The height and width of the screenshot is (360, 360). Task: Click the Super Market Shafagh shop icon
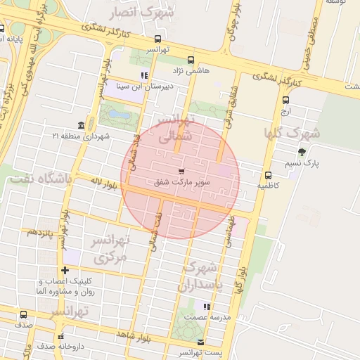tap(181, 172)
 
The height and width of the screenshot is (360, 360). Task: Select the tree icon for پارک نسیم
tap(302, 152)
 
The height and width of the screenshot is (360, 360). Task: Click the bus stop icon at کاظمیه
tap(268, 176)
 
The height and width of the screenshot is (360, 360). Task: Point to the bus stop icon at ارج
tap(285, 100)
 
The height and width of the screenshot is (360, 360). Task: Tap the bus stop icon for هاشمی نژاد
tap(191, 60)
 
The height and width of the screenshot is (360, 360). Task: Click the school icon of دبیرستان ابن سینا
tap(144, 75)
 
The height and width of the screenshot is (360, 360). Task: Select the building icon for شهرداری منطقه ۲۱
tap(82, 125)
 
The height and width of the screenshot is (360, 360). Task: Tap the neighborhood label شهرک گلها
tap(292, 133)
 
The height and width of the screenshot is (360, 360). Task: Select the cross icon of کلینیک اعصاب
tap(65, 270)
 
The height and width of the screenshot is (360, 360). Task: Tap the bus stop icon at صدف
tap(24, 315)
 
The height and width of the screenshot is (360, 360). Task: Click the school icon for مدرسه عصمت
tap(207, 307)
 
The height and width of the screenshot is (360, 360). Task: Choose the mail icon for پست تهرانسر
tap(202, 342)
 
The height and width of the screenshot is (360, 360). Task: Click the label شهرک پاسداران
tap(202, 276)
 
